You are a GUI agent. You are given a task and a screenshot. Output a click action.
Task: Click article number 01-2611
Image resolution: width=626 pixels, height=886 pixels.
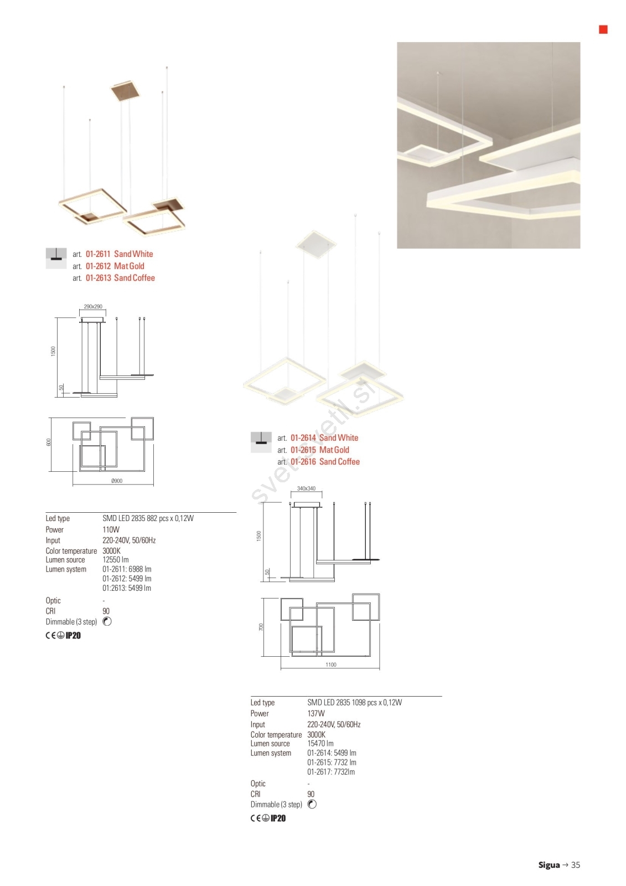[x=97, y=254]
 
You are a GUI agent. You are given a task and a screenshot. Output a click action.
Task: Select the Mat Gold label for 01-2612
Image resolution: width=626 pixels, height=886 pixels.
[x=129, y=266]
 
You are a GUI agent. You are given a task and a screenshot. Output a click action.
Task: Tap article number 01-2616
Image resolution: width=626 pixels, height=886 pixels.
[x=303, y=462]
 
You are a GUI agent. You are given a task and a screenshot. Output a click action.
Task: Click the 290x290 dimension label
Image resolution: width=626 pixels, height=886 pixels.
[x=93, y=307]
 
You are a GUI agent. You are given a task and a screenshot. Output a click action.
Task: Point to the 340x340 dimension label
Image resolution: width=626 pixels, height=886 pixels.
[x=307, y=488]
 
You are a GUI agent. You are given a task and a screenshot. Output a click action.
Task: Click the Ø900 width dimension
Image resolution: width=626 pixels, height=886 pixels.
[x=117, y=481]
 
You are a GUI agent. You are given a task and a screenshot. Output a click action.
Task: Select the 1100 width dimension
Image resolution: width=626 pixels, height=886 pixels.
[x=331, y=664]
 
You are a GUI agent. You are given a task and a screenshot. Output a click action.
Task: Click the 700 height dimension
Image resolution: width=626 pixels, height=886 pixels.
[x=261, y=627]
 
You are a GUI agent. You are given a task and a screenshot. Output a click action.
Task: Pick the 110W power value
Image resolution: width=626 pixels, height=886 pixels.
[x=111, y=529]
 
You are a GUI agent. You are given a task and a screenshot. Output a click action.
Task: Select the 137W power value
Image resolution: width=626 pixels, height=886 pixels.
[x=316, y=714]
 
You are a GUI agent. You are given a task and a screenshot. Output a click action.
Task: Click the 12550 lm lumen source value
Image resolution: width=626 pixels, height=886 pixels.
[x=116, y=560]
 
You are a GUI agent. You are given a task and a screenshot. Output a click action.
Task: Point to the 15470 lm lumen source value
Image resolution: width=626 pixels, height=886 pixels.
[x=320, y=743]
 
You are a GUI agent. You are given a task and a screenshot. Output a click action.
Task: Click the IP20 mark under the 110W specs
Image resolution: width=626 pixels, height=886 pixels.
[x=73, y=636]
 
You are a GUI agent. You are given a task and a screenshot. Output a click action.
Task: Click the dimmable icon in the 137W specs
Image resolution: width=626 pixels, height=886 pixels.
[x=312, y=804]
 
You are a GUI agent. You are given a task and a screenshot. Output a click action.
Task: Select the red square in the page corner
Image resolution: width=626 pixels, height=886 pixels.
[x=603, y=30]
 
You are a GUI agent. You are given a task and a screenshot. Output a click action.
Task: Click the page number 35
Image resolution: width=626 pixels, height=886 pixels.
[x=576, y=865]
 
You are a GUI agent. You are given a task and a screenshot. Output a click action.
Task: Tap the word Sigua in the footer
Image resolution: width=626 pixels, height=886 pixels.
[x=549, y=865]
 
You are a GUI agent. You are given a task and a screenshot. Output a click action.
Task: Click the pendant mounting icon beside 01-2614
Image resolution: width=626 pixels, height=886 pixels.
[x=261, y=442]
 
